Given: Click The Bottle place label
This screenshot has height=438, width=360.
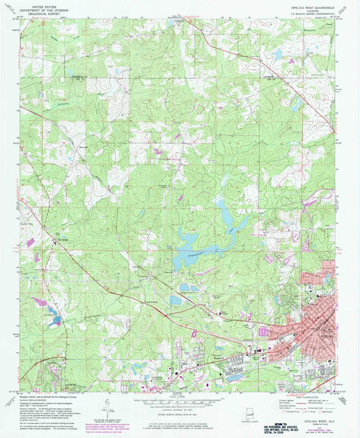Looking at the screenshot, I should point(65,239).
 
